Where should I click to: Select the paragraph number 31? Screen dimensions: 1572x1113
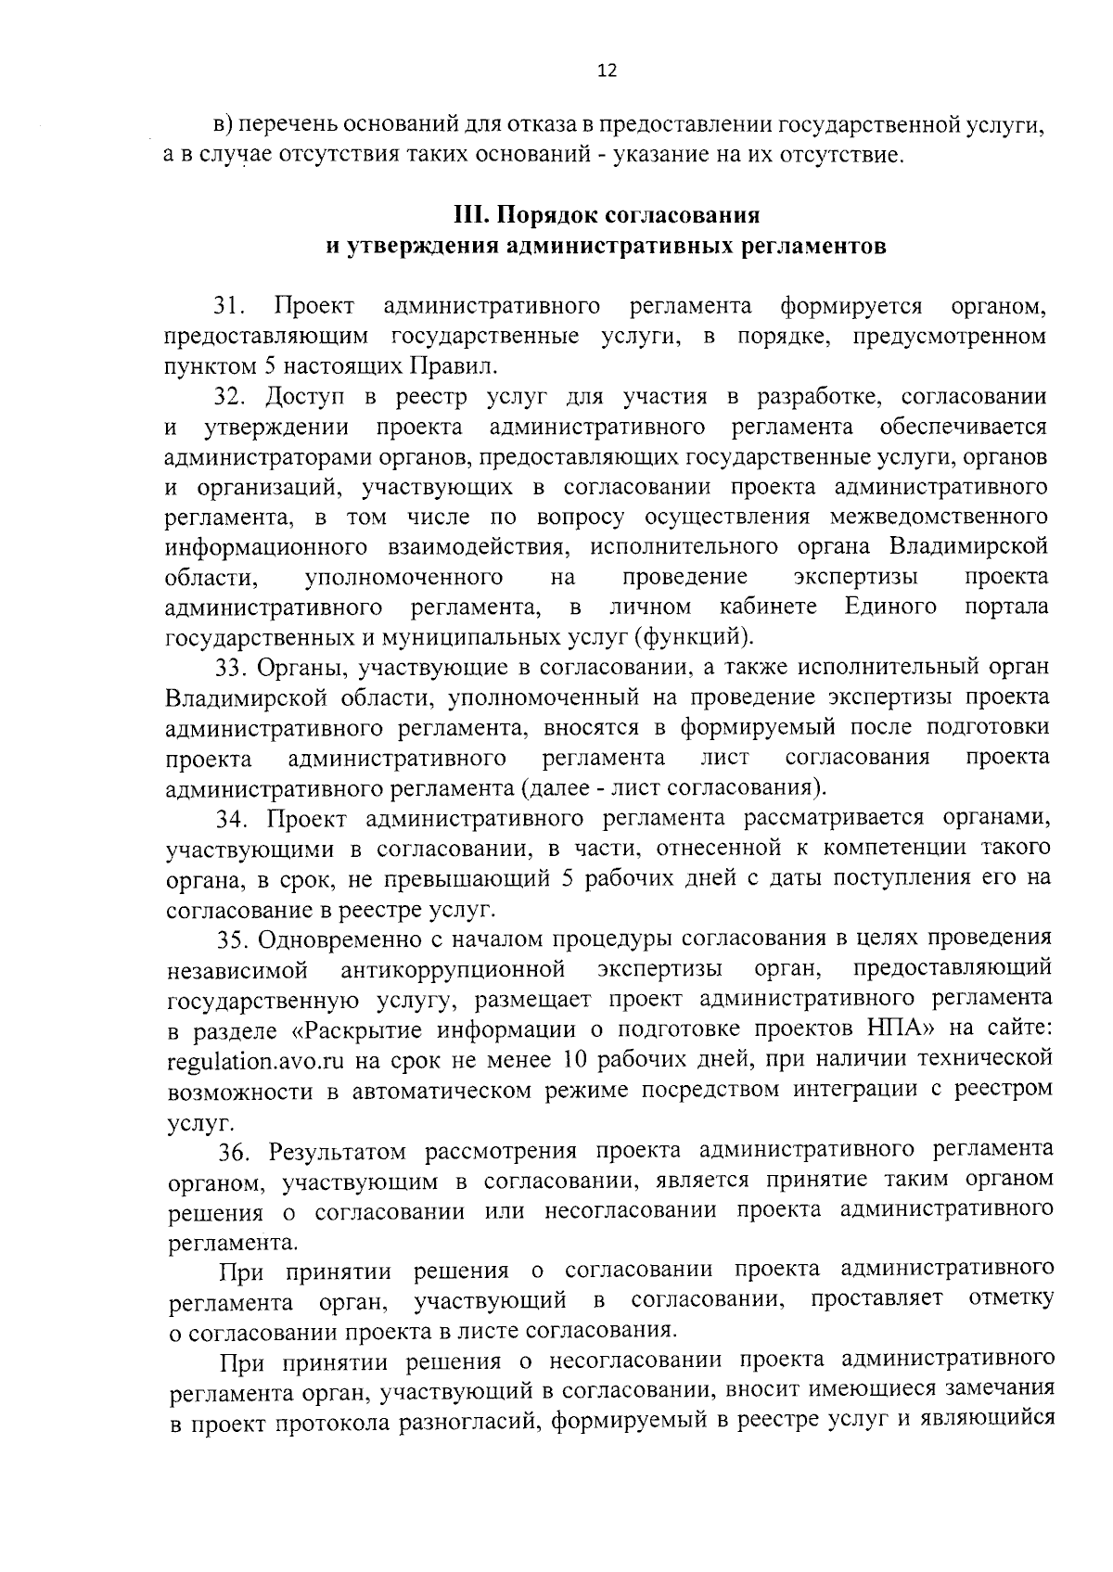231,306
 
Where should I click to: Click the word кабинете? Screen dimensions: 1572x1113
769,607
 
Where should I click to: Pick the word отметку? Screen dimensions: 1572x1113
1010,1298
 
